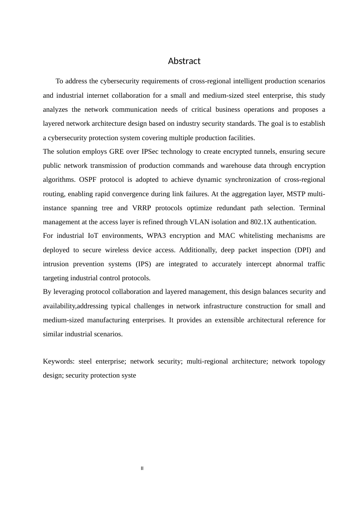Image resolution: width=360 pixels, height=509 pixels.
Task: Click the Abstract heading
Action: tap(184, 61)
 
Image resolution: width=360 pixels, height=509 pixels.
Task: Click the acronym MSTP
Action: tap(296, 194)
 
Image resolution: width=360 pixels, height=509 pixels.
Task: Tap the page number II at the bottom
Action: tap(142, 468)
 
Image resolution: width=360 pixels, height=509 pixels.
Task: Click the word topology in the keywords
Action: tap(312, 361)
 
